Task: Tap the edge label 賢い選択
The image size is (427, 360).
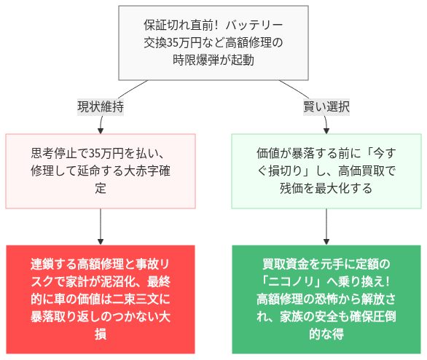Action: (326, 106)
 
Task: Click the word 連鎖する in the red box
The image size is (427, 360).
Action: (53, 263)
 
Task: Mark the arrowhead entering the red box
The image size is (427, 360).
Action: (101, 240)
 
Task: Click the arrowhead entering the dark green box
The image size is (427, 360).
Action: (326, 240)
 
